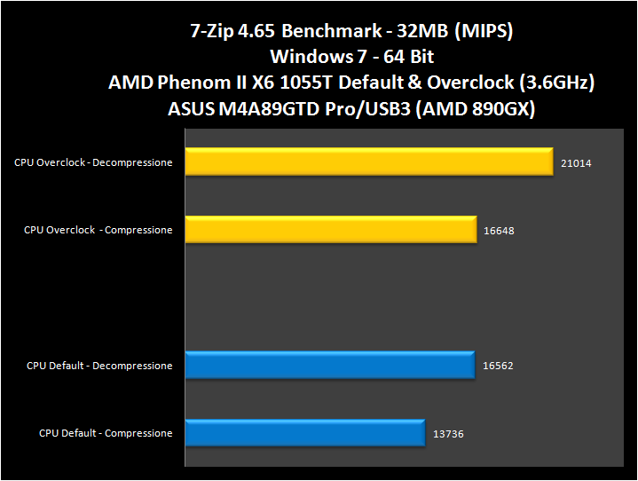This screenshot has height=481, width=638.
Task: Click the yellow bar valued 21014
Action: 368,162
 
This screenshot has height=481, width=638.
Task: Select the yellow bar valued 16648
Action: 330,230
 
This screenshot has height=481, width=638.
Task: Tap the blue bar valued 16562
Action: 329,366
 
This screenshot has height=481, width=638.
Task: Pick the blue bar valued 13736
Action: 304,433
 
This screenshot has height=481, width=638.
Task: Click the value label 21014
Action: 576,163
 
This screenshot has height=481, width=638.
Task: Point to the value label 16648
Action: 499,231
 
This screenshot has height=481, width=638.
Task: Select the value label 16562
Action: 498,366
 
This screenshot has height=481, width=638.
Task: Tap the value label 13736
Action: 448,434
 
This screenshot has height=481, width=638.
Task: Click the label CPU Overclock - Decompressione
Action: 92,162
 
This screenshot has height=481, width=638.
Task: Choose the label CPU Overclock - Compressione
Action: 98,230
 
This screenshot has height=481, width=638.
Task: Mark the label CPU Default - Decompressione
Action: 99,366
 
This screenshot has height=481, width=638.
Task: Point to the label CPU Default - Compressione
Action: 106,433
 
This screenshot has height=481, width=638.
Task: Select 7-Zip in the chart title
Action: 213,32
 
